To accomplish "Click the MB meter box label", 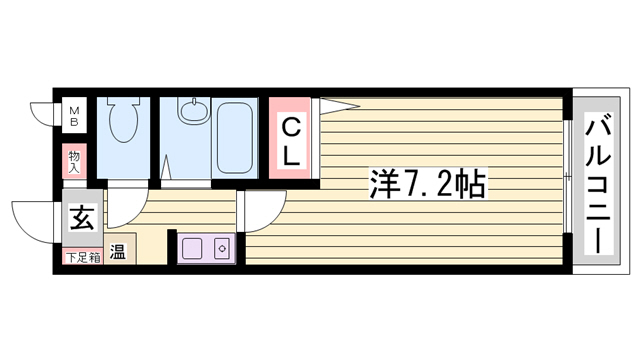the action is [x=74, y=116].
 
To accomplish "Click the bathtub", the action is [x=235, y=138].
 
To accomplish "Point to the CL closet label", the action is [x=291, y=141].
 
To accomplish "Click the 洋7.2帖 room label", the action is [x=428, y=184].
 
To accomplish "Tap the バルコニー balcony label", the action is [x=598, y=182].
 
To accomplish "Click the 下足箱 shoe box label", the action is [x=83, y=258].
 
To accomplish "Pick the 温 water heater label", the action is [x=118, y=251].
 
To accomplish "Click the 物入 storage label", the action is [x=74, y=162].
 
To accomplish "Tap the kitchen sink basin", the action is [x=192, y=249].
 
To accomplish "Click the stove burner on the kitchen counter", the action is [x=222, y=249].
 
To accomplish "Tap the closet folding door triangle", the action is [x=338, y=106].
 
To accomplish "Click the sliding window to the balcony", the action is [x=568, y=176].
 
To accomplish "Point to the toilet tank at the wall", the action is [x=124, y=101].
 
